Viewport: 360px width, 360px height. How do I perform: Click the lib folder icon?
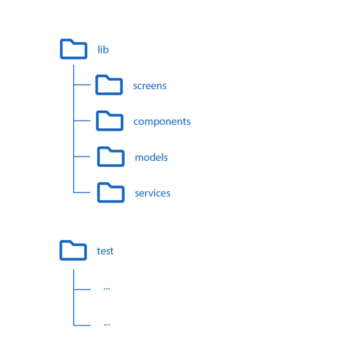point(73,49)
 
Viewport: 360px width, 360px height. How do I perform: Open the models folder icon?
point(111,157)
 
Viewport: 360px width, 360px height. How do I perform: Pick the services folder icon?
point(111,193)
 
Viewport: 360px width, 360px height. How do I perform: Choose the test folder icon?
point(73,250)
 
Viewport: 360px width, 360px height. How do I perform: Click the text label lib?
point(103,49)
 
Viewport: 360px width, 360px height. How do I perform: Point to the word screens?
point(150,85)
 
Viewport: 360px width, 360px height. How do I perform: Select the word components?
point(162,121)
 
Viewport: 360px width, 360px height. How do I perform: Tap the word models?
point(151,157)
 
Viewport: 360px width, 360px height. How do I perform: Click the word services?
point(153,193)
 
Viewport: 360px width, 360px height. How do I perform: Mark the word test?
point(105,251)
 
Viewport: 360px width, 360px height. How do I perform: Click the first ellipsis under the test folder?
point(107,288)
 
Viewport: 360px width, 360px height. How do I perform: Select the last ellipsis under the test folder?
point(107,324)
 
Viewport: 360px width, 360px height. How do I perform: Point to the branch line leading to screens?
point(82,85)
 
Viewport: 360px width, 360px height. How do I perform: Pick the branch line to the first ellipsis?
point(82,289)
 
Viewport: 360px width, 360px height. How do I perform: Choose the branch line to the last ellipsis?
point(82,325)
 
